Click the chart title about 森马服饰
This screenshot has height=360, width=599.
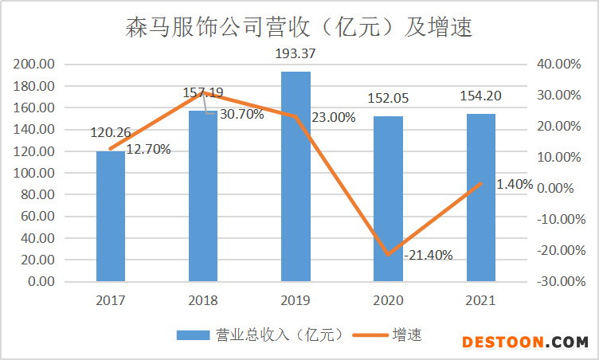click(299, 29)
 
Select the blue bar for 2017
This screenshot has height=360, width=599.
click(111, 216)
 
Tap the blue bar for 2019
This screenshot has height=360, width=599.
click(296, 176)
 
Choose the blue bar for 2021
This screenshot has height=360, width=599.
click(481, 198)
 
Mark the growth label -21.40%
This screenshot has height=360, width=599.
click(429, 256)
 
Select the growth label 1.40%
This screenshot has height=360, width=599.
click(514, 184)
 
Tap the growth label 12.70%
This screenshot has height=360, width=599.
click(147, 149)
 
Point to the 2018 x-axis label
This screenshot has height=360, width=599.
click(203, 301)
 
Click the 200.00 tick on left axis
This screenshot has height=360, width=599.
click(34, 64)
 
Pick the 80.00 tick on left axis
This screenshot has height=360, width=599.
click(37, 194)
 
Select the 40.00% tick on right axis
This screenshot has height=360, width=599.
click(562, 64)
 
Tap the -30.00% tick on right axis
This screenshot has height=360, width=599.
click(560, 281)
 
